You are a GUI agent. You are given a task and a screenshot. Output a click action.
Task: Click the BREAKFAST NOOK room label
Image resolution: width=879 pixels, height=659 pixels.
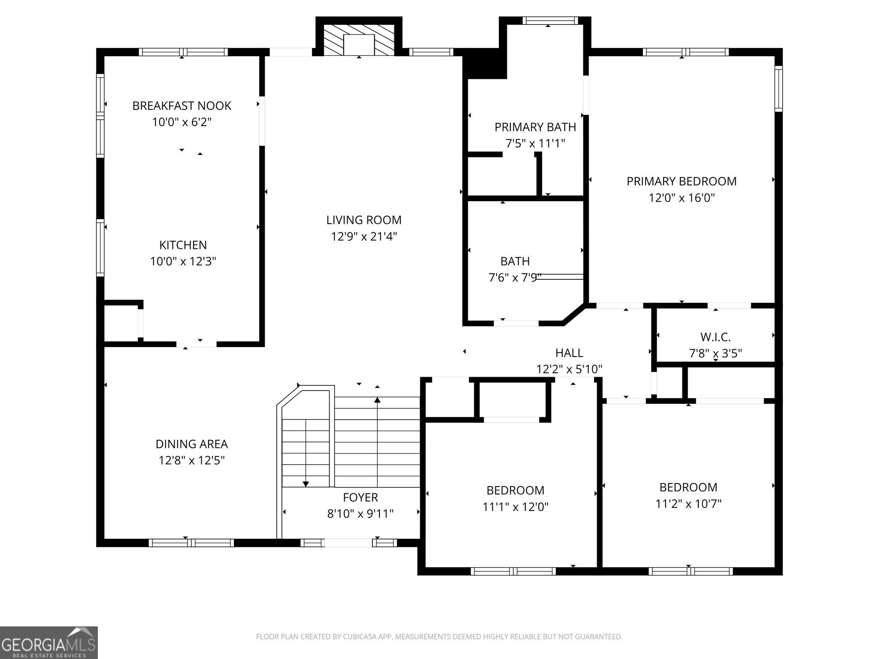[182, 106]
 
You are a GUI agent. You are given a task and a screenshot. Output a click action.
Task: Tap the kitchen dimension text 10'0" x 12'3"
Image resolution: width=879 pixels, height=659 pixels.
[183, 261]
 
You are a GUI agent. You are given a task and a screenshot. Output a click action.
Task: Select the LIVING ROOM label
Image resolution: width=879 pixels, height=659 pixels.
[364, 220]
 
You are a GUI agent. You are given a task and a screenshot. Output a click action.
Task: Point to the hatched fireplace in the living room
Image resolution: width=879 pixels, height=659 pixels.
[359, 39]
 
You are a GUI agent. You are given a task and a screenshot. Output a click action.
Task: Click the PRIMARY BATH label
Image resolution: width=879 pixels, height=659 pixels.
[535, 127]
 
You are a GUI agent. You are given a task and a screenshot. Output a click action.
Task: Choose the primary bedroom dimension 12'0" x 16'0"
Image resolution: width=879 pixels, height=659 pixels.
[682, 198]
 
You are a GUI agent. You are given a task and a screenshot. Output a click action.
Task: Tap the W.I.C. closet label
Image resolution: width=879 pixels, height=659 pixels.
[715, 337]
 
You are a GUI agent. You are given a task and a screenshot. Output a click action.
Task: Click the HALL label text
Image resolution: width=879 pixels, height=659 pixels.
[569, 353]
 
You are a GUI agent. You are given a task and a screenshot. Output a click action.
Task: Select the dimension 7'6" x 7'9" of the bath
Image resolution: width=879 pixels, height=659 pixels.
[515, 278]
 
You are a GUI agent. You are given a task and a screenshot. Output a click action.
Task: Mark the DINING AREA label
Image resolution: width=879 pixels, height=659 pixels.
[191, 444]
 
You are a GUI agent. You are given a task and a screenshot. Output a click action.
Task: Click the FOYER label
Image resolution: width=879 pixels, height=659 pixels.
[360, 497]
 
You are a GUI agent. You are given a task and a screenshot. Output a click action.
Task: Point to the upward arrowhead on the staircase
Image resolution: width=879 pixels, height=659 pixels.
[377, 400]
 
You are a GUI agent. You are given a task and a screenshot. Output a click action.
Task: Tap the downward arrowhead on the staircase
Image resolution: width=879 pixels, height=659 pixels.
[306, 484]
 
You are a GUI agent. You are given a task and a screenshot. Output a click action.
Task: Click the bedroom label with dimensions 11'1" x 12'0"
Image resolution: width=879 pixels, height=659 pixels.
[515, 490]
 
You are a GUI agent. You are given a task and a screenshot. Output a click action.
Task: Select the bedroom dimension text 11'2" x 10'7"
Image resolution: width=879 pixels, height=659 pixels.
[688, 503]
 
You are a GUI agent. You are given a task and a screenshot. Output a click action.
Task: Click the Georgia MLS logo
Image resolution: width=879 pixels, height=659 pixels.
[48, 642]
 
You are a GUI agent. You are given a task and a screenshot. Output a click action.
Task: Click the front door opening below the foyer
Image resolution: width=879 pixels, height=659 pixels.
[348, 543]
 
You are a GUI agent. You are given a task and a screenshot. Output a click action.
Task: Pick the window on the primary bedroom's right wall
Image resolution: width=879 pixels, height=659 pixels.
[778, 89]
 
